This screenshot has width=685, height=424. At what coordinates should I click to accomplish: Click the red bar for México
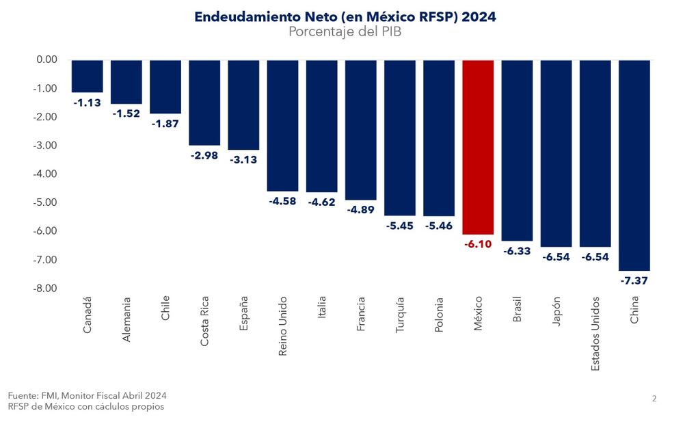pos(478,147)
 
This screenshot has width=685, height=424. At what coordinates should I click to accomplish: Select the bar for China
pos(634,165)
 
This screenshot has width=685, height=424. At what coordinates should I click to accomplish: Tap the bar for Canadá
pos(87,76)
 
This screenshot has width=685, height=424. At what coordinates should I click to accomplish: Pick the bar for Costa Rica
pos(204,103)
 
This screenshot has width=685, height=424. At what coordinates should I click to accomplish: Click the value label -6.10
pos(478,244)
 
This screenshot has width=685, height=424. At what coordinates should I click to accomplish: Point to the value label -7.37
pos(634,280)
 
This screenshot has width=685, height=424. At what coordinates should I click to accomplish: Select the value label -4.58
pos(282,201)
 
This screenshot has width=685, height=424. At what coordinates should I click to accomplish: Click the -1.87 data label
pos(165,123)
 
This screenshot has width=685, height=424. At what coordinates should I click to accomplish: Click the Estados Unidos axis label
pos(595,334)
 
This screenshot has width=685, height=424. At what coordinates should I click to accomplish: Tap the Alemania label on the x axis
pos(126,319)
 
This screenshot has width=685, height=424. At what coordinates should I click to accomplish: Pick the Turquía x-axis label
pos(401,315)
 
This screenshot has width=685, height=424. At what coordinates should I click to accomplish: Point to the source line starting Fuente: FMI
pos(88,395)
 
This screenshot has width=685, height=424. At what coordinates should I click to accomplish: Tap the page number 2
pos(654,399)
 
